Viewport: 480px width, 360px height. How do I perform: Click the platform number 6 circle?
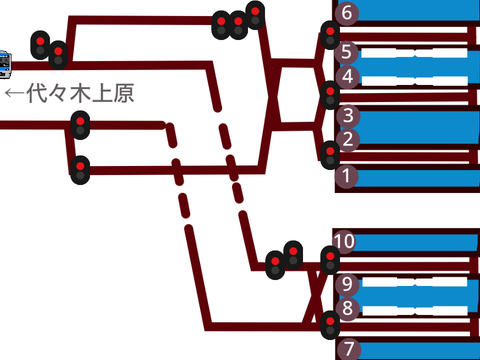347,13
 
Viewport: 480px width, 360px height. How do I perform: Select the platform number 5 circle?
347,52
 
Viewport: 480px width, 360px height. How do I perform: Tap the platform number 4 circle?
347,76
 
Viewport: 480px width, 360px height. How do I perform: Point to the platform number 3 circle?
348,116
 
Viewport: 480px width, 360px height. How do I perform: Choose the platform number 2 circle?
348,139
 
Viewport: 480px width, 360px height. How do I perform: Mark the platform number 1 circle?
347,176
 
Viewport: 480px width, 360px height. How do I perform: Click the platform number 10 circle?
344,241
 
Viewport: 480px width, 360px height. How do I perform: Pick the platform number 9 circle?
347,284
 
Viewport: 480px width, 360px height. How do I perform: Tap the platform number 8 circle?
347,308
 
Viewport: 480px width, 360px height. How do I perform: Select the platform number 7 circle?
349,349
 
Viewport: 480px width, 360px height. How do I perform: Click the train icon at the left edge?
5,65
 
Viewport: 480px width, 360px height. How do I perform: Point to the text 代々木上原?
80,93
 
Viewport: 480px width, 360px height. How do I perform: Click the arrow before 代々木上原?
15,93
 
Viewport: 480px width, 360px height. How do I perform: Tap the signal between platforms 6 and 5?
330,35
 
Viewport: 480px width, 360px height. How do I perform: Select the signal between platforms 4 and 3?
330,95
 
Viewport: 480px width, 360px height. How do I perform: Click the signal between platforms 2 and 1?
330,155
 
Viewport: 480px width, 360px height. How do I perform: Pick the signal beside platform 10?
330,260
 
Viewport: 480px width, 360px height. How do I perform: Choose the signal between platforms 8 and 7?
330,325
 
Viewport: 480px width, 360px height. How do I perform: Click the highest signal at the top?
255,15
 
